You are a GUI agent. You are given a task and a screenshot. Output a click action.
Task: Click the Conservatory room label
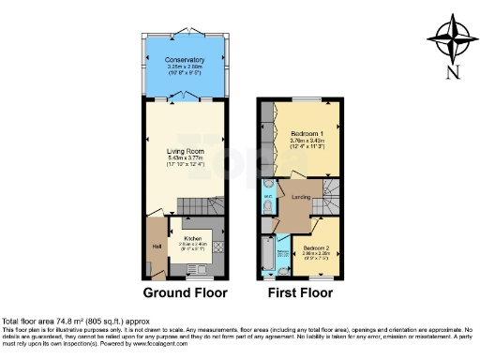point(184,60)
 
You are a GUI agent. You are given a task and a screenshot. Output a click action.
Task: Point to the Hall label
point(156,247)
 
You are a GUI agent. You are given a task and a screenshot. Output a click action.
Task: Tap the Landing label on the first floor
point(301,197)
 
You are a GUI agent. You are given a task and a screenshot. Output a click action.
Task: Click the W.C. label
point(267,196)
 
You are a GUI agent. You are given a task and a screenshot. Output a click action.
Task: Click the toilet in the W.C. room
point(268,208)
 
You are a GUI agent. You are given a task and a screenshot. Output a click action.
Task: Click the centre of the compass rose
point(453,37)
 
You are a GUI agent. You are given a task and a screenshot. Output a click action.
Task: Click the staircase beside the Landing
point(332,198)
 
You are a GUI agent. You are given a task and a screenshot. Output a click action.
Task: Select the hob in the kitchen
point(217,247)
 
